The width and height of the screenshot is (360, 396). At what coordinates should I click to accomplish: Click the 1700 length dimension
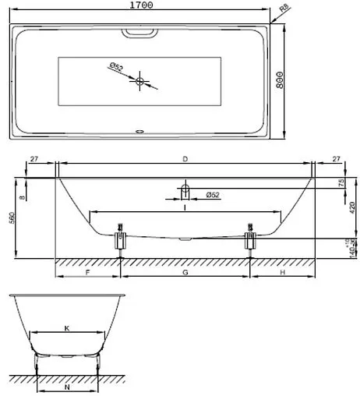pos(140,5)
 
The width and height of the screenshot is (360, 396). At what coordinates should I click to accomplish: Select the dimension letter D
pos(185,159)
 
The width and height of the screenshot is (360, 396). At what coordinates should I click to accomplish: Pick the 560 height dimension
pos(12,217)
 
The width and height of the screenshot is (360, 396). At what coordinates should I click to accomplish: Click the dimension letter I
pos(184,207)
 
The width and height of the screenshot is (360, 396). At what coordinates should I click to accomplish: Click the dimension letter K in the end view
pos(67,328)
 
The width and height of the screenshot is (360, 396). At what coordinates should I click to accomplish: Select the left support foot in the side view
pos(121,240)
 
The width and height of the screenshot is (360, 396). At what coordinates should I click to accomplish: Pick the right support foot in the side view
pos(250,240)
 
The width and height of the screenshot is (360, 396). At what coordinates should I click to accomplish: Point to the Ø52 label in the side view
pos(211,194)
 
